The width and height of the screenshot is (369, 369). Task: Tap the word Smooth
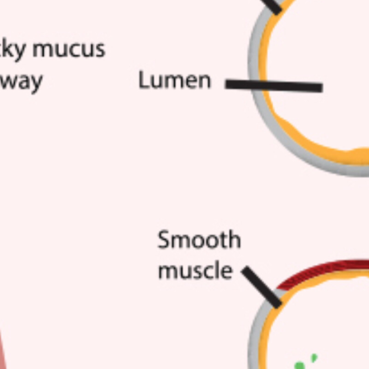point(199,241)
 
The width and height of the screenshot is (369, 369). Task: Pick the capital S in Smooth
point(164,241)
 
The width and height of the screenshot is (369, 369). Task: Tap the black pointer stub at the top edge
point(274,6)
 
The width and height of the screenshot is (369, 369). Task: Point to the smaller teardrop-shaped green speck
point(314,357)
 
